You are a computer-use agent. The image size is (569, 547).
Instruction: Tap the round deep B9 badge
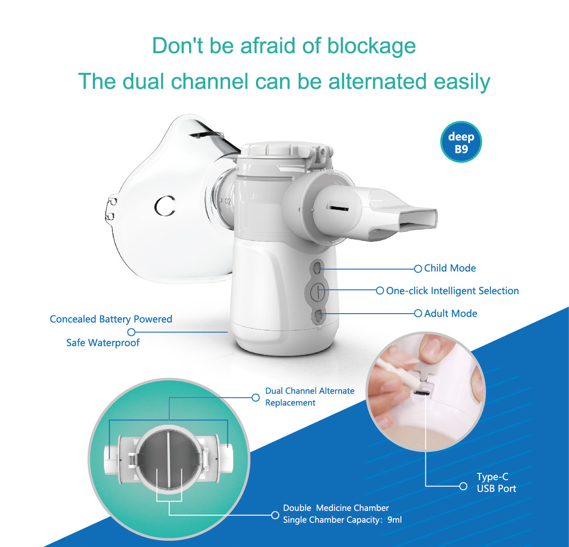tap(461, 142)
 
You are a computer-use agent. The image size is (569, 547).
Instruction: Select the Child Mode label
tap(449, 268)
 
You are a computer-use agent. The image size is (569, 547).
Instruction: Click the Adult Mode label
tap(450, 313)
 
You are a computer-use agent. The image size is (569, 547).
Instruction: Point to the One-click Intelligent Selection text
tap(452, 291)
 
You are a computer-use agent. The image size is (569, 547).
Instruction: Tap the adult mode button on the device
tap(317, 316)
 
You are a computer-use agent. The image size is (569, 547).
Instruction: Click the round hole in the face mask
tap(165, 206)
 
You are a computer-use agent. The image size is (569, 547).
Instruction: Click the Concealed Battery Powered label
tap(111, 319)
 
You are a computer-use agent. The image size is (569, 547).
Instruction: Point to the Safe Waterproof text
tap(103, 343)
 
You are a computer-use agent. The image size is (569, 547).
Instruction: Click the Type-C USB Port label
tap(496, 482)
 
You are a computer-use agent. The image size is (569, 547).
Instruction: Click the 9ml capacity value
tap(395, 520)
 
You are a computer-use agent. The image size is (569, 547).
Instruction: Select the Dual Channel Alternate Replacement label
tap(309, 397)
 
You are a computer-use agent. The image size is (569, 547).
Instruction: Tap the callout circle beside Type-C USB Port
tap(463, 486)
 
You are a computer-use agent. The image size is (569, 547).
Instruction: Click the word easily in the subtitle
tap(462, 82)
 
